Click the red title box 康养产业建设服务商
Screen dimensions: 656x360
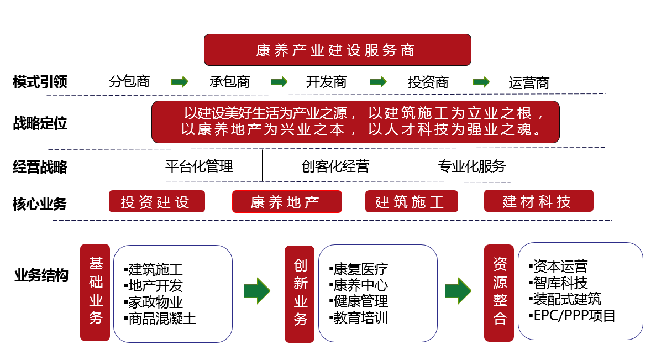click(338, 50)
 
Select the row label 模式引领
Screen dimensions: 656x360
click(40, 82)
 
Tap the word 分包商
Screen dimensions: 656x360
click(129, 81)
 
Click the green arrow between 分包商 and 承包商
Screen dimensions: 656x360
click(180, 81)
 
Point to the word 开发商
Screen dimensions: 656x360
click(326, 82)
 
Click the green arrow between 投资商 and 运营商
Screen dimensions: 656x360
click(481, 81)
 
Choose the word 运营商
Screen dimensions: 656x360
click(529, 83)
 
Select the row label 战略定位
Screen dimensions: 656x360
click(40, 123)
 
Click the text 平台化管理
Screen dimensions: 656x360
click(199, 166)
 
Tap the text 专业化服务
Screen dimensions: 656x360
click(472, 166)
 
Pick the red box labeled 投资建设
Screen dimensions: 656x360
click(157, 201)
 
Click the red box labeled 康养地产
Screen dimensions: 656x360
click(287, 201)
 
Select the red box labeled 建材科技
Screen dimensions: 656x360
click(539, 201)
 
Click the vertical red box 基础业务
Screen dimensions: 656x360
click(95, 293)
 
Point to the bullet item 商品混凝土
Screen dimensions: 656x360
click(160, 319)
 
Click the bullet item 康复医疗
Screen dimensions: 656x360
click(359, 269)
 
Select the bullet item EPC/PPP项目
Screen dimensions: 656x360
click(572, 315)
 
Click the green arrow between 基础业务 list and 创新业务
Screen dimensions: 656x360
click(257, 290)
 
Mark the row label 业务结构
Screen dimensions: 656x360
click(41, 275)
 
